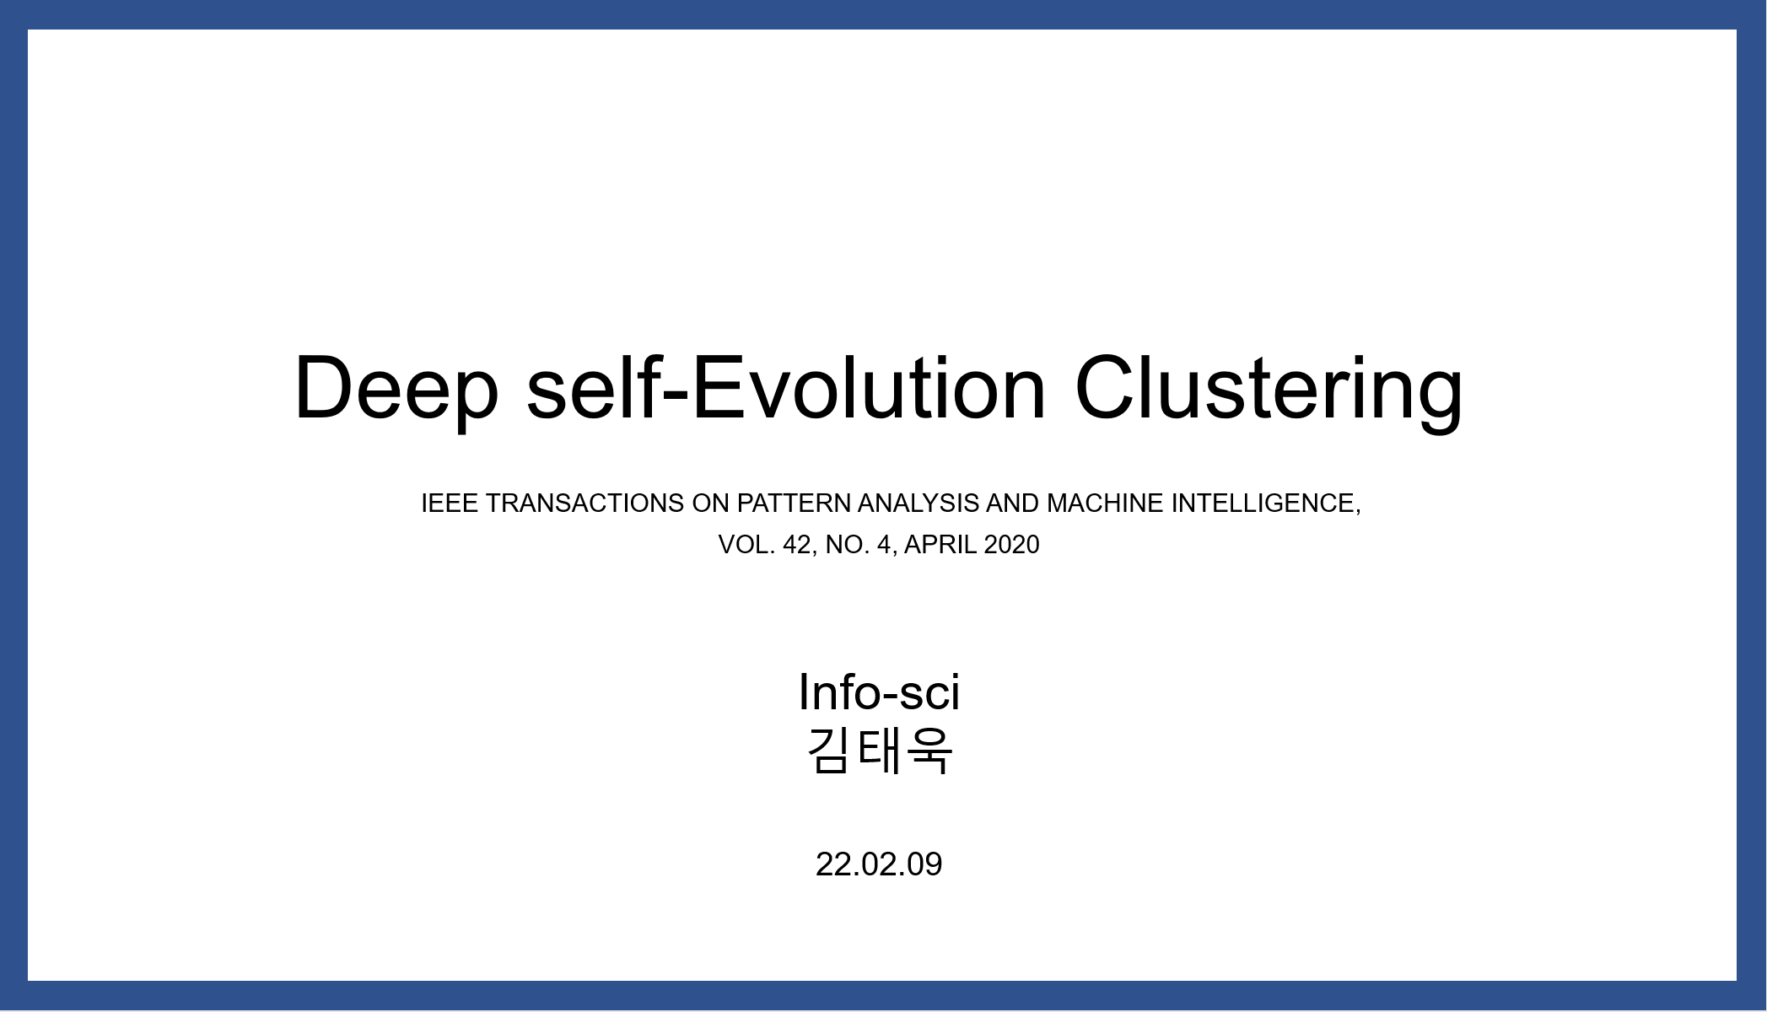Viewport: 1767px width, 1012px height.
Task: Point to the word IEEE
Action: tap(450, 503)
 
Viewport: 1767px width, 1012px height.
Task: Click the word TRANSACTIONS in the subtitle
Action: tap(585, 503)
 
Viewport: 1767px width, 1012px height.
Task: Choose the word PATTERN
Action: tap(794, 503)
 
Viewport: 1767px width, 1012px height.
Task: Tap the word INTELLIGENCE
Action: tap(1266, 504)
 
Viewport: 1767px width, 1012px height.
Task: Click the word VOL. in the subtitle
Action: tap(746, 545)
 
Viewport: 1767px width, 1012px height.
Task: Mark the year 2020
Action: tap(1012, 545)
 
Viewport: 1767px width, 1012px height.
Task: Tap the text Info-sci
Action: tap(879, 692)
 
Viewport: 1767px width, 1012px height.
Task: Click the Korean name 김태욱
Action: tap(880, 751)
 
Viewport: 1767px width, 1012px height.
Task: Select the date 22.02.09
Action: tap(879, 864)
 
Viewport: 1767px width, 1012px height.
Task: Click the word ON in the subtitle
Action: tap(710, 503)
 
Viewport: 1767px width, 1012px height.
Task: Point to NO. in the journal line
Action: tap(848, 545)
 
